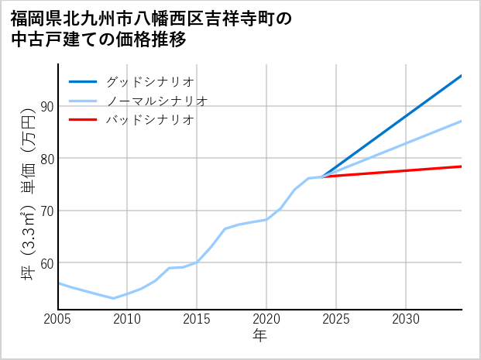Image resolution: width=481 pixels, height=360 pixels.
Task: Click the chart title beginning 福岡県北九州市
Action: click(152, 29)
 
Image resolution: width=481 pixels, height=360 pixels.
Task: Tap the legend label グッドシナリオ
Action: click(149, 81)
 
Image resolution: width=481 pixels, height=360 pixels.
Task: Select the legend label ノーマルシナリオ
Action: click(156, 101)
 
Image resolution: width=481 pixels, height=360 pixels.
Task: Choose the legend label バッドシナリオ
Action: click(149, 120)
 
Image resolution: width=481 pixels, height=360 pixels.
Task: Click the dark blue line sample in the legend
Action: click(83, 81)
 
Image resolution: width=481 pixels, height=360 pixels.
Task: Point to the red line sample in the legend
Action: click(83, 120)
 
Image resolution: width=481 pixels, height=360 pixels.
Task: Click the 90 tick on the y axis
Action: click(46, 106)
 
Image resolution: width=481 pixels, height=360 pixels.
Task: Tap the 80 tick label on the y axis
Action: click(46, 159)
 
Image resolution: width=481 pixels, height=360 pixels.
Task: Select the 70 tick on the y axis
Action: click(46, 211)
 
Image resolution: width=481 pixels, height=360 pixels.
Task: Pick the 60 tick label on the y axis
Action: click(46, 263)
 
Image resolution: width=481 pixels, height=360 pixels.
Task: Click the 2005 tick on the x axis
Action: click(58, 319)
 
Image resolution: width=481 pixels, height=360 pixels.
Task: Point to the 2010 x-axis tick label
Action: click(128, 319)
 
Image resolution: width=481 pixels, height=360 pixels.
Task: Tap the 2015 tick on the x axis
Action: click(198, 319)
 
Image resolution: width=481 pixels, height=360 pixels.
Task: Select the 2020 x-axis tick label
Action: click(266, 319)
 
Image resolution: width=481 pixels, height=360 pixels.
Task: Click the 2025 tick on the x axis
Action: click(336, 319)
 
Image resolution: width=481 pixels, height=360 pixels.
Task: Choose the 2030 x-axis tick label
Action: click(406, 319)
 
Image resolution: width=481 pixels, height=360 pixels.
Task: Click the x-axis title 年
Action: click(260, 336)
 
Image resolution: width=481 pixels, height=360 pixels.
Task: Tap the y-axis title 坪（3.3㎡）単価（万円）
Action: click(28, 197)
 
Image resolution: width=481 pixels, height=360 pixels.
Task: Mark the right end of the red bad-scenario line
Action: click(461, 166)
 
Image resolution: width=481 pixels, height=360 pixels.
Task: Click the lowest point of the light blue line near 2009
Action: click(114, 298)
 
